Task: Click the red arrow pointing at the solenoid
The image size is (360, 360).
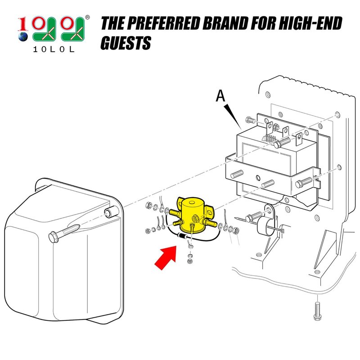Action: coord(166,257)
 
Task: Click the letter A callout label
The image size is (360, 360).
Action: coord(220,96)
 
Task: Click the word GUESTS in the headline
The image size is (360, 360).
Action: coord(126,43)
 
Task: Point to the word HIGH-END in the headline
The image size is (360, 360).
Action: coord(310,23)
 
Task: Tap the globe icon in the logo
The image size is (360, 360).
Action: coord(23,36)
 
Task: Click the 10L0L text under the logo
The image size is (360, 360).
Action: coord(54,49)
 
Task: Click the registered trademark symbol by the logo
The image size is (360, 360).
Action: coord(87,18)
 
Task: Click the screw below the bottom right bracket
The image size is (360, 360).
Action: coord(317,311)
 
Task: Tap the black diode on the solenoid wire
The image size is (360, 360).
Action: coord(183,236)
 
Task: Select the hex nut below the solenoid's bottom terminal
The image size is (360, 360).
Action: coord(189,261)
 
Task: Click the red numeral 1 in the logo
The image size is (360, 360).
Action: coord(22,24)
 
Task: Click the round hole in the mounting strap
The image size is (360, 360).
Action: coord(258,177)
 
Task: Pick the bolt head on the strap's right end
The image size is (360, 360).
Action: coord(299,184)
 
